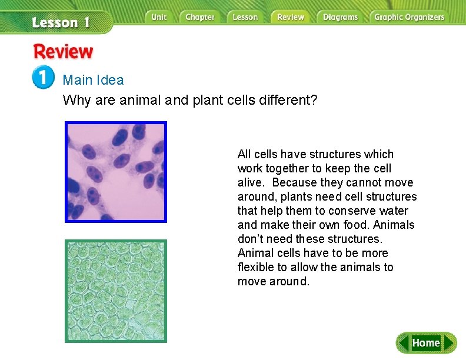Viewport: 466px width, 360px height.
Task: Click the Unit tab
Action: pos(159,17)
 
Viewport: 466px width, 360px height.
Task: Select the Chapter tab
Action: pos(199,17)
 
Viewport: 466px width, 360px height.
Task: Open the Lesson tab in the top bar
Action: pos(245,17)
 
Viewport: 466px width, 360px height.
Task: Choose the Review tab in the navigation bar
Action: pos(291,17)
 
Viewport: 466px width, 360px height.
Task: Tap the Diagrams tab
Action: pos(340,17)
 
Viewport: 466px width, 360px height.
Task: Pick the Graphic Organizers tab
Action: pos(409,17)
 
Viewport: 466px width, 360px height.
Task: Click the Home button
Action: pos(426,343)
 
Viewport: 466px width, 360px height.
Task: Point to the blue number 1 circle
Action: pos(43,78)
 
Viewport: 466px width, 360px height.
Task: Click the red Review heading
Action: pos(63,52)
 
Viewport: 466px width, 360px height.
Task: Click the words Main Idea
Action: pos(93,80)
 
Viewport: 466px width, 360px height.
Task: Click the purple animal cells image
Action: pos(116,172)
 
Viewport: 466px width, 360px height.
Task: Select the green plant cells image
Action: pos(116,291)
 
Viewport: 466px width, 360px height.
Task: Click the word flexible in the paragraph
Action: pos(258,267)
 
